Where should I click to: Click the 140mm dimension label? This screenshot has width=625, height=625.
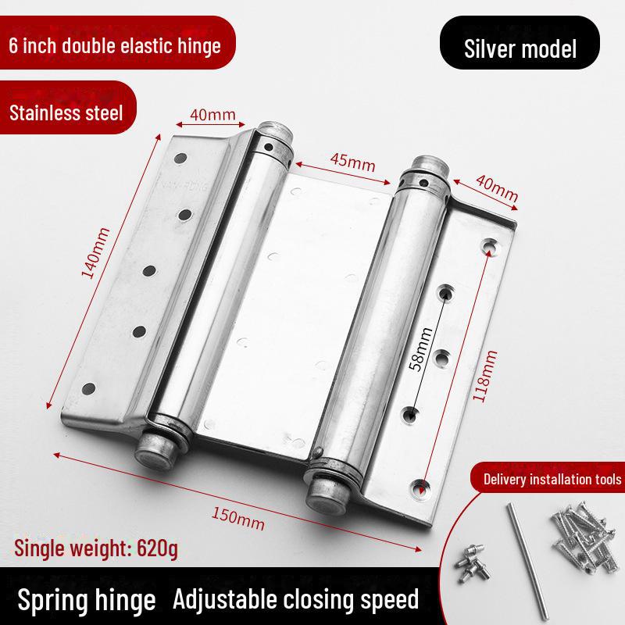(95, 252)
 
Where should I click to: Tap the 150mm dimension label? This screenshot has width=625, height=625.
(238, 519)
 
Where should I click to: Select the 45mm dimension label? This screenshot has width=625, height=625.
(353, 162)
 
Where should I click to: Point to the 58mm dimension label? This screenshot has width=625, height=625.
(421, 349)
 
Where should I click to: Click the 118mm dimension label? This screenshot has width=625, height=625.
(484, 376)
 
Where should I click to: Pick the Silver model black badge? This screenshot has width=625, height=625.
(520, 43)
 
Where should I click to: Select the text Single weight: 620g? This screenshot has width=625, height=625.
(96, 548)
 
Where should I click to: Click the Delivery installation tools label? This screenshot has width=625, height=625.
(552, 479)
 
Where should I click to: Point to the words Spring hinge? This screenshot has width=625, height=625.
(87, 600)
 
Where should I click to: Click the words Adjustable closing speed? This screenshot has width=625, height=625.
(296, 599)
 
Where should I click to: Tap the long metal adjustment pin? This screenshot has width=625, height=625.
(527, 562)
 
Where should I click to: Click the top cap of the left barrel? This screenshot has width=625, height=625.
(275, 130)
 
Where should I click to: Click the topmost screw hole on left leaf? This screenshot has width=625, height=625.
(180, 158)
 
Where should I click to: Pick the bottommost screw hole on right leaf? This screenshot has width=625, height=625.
(420, 487)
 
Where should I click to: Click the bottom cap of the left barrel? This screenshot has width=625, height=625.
(155, 451)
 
